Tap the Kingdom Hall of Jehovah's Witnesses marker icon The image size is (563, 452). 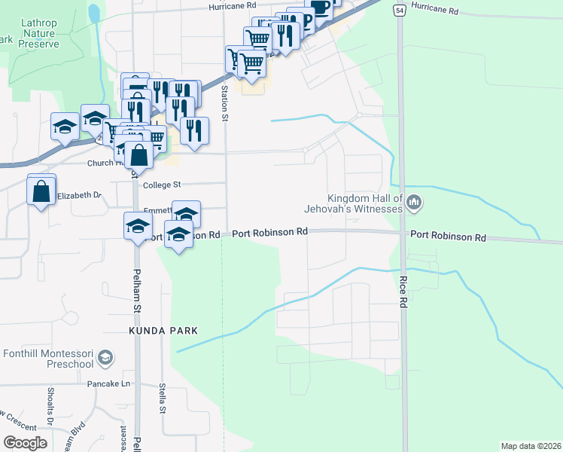pyautogui.click(x=415, y=202)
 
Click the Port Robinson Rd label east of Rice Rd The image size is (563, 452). pyautogui.click(x=448, y=237)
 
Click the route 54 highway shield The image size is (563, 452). pyautogui.click(x=398, y=10)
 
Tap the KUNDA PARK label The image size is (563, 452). pyautogui.click(x=163, y=331)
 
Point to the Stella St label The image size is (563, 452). pyautogui.click(x=162, y=399)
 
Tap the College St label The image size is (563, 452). pyautogui.click(x=163, y=184)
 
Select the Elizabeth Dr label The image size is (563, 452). pyautogui.click(x=80, y=195)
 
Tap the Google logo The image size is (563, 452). pyautogui.click(x=25, y=443)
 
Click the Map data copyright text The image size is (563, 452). pyautogui.click(x=530, y=446)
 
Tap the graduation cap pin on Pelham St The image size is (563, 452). pyautogui.click(x=138, y=226)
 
